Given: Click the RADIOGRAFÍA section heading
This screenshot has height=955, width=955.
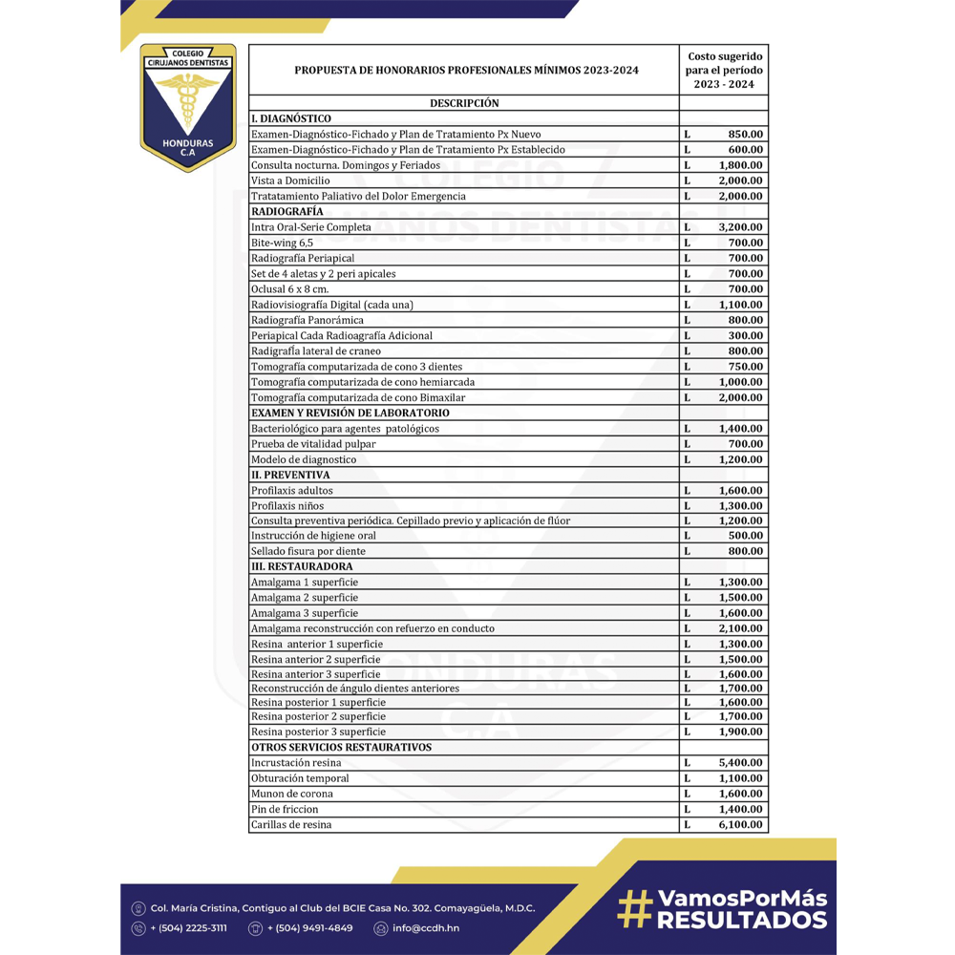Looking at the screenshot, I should point(286,211).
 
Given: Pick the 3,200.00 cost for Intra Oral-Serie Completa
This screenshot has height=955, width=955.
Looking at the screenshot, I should point(740,227).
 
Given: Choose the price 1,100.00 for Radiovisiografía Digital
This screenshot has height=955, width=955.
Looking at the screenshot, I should point(740,305).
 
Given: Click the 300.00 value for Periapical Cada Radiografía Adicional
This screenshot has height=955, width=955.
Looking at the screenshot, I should point(745,335).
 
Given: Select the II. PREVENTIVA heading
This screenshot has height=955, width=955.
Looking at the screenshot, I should point(290,475).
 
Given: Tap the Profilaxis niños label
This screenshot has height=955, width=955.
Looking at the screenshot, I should point(286,505).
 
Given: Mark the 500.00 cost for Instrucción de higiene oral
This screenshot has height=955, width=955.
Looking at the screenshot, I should point(745,536).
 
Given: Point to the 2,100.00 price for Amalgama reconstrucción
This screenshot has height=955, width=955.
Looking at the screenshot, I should point(740,628).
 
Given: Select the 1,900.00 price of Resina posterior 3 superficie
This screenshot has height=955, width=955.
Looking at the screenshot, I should point(740,732).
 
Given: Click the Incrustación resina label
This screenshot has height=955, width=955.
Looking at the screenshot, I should point(295,763).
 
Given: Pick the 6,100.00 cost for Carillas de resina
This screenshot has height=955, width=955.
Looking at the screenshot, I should point(740,824).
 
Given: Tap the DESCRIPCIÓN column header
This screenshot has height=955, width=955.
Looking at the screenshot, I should point(464,103).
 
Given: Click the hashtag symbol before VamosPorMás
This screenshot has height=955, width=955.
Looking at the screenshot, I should point(633,908).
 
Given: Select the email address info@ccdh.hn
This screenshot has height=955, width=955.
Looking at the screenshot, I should point(425,928).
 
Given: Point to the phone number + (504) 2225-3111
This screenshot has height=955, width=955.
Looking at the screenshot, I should point(188,928).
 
